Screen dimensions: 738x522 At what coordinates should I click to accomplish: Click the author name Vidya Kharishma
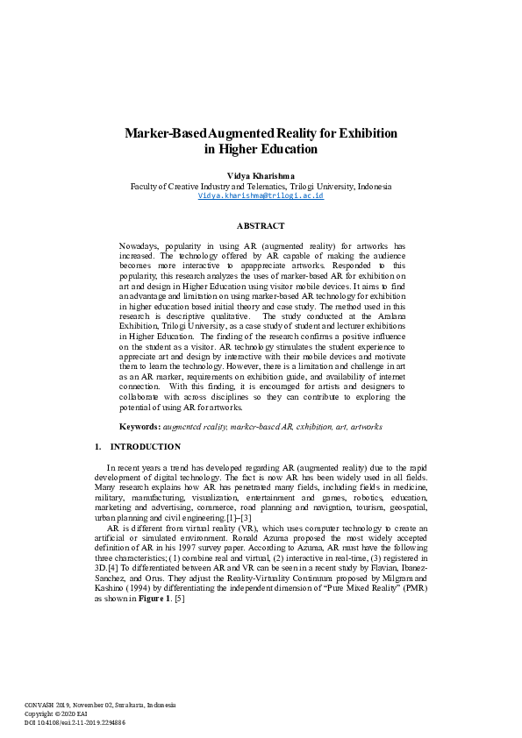click(261, 176)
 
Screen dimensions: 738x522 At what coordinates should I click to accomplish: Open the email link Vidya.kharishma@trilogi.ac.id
click(261, 196)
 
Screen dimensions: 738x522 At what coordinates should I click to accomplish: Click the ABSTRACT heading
click(261, 225)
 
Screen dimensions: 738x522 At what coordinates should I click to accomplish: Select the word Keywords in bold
click(139, 426)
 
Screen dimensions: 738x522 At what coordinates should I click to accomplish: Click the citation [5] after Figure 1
click(180, 598)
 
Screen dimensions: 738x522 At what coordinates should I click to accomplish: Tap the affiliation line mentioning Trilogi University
click(261, 187)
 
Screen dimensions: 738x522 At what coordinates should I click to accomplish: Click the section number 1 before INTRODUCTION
click(97, 447)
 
